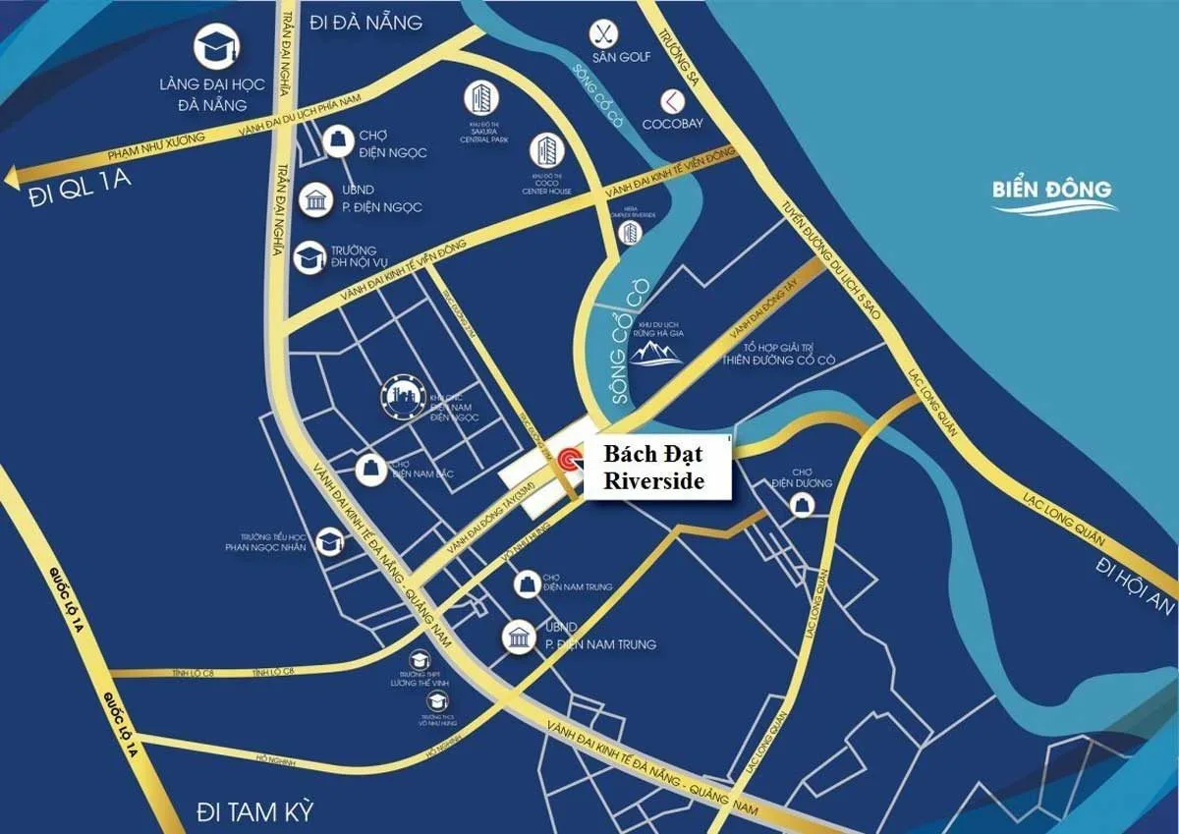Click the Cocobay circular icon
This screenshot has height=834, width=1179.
tap(671, 100)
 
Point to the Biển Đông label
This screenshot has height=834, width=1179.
tap(1051, 191)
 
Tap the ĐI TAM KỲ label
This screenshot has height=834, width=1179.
tap(254, 811)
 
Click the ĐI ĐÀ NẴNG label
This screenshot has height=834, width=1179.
tap(365, 22)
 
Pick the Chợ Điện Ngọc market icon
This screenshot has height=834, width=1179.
tap(336, 139)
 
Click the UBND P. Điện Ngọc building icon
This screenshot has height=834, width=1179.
tap(317, 200)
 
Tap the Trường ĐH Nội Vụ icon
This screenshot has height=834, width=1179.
tap(309, 257)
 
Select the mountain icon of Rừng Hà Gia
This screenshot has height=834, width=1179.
tap(657, 352)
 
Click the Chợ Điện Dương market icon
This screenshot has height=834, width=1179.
tap(804, 505)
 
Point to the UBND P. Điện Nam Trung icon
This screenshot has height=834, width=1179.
tap(518, 638)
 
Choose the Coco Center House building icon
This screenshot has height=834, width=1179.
tap(544, 150)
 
